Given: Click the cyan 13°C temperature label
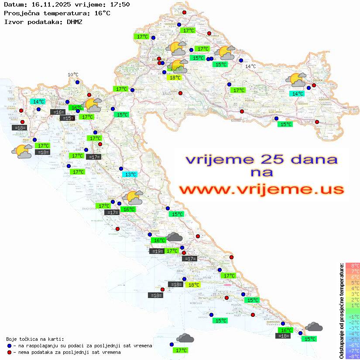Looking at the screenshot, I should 129,175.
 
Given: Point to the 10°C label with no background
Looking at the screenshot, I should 72,75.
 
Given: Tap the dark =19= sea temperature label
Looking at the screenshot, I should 157,251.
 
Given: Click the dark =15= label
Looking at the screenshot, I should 67,118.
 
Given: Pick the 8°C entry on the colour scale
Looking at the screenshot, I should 353,266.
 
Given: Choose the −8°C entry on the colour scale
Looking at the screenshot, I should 353,356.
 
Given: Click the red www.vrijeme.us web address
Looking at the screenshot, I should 261,190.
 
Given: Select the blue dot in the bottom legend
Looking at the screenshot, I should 9,346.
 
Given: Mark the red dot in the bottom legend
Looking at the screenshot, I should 9,352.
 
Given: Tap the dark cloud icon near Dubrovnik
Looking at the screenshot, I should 314,326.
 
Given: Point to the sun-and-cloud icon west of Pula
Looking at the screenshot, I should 21,151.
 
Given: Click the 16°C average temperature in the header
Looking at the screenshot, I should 102,13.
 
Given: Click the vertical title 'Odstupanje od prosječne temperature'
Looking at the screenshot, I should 341,311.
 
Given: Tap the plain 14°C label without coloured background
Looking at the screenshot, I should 250,66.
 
